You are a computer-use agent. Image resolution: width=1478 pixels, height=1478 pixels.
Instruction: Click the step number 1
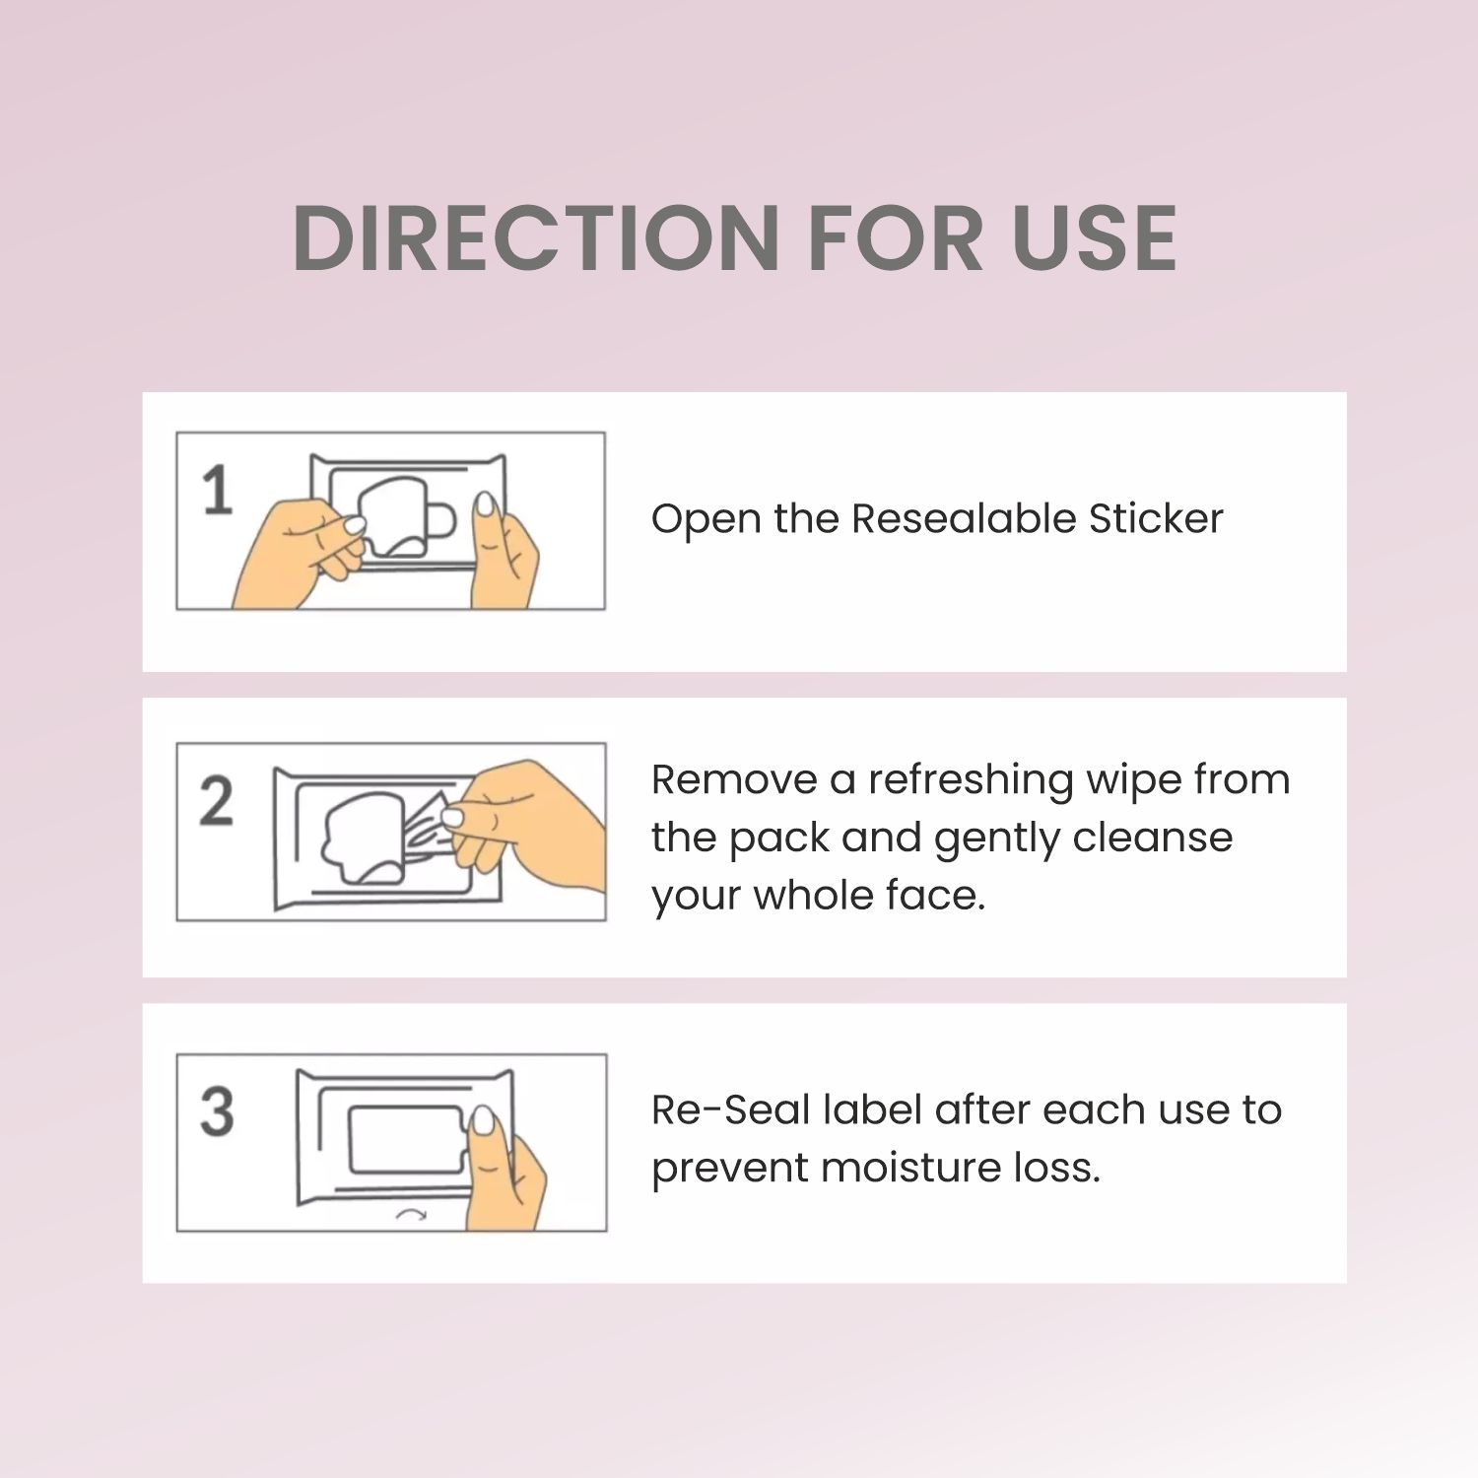[217, 490]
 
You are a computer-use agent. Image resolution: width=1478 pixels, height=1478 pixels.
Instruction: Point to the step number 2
[216, 800]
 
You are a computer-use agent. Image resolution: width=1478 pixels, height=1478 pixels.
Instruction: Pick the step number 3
[217, 1110]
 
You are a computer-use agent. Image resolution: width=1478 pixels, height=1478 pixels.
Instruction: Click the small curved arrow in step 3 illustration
[411, 1215]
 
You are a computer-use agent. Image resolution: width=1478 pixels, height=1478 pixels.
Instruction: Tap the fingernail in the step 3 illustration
[484, 1120]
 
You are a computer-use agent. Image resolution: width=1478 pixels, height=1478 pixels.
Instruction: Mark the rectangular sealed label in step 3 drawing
[405, 1140]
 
